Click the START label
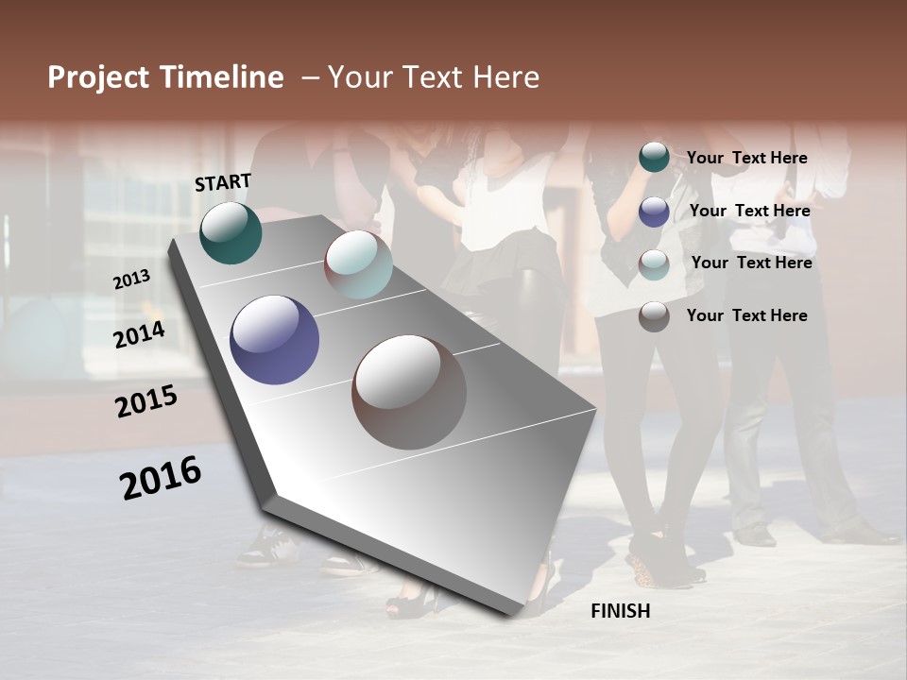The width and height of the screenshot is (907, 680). (x=223, y=182)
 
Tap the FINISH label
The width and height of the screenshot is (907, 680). (x=621, y=611)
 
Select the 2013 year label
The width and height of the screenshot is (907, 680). (x=131, y=279)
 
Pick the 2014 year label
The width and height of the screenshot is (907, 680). (x=140, y=334)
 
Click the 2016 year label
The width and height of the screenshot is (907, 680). (x=161, y=478)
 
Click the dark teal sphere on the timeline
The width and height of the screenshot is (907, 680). (x=231, y=232)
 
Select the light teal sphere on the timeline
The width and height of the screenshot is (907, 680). (x=358, y=264)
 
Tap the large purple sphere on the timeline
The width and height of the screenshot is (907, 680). (x=275, y=340)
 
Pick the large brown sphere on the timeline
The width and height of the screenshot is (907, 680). (x=409, y=392)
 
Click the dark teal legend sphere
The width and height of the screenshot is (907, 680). (x=654, y=157)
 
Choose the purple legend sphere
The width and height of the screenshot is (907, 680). (x=654, y=212)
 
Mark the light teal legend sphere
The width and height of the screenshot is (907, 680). (x=654, y=264)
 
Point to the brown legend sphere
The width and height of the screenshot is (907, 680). (x=654, y=316)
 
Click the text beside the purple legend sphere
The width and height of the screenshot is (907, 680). (x=749, y=211)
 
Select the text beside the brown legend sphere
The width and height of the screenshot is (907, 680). (x=746, y=315)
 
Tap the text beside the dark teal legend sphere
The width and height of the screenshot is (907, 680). (x=746, y=158)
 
